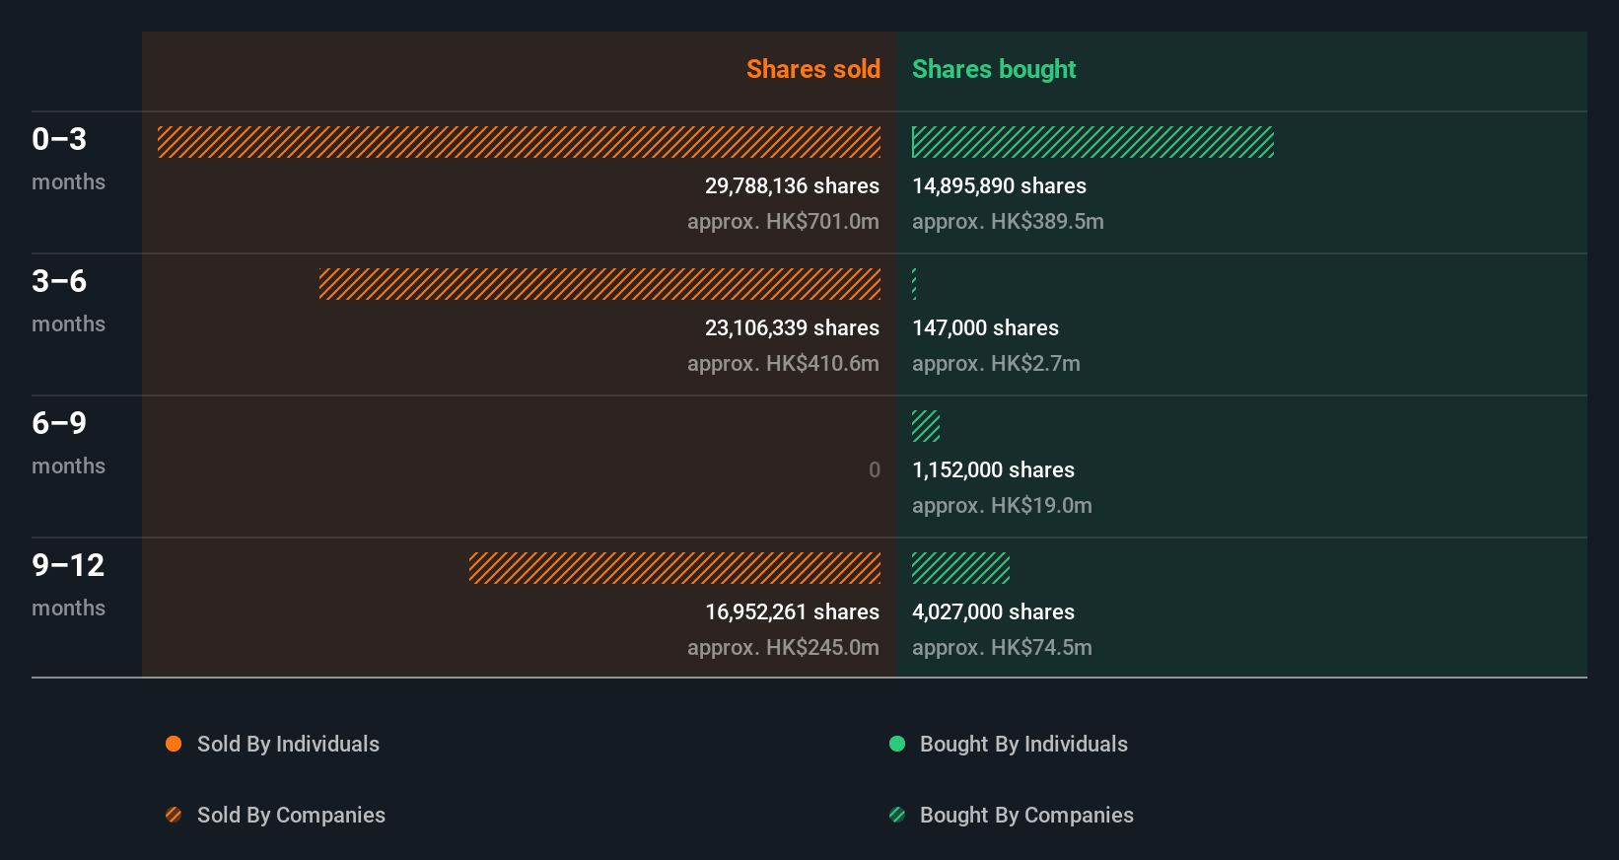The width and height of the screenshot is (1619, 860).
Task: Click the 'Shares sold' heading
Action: point(812,69)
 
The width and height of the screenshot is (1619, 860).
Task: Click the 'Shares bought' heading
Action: point(993,69)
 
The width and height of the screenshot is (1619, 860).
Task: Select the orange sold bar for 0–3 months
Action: point(519,142)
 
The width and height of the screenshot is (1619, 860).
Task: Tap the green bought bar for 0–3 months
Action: point(1092,142)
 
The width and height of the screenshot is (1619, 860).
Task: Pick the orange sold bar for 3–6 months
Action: point(599,284)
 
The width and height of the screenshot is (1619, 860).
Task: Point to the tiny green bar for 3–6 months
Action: point(914,284)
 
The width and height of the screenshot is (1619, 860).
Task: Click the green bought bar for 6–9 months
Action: point(926,426)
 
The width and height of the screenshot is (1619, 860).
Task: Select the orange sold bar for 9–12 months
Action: point(674,568)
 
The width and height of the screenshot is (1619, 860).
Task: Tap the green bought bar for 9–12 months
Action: point(960,568)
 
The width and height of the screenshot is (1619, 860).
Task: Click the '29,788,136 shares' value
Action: point(792,185)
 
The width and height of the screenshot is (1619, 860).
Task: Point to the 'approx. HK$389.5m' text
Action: point(1008,221)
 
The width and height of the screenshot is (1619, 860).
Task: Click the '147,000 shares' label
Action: point(985,327)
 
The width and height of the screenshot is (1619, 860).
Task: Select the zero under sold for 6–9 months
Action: point(874,469)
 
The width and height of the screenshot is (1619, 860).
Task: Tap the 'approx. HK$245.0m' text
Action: point(783,647)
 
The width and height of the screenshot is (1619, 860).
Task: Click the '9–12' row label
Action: point(68,565)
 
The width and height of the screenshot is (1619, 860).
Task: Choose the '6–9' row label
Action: point(59,423)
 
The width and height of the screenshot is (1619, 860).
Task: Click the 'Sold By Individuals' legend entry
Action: point(287,744)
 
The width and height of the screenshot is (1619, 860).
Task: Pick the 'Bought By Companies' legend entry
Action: point(1025,815)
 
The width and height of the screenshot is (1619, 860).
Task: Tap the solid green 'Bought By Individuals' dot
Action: point(897,744)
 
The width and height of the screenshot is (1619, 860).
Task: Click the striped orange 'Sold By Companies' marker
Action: point(174,815)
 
